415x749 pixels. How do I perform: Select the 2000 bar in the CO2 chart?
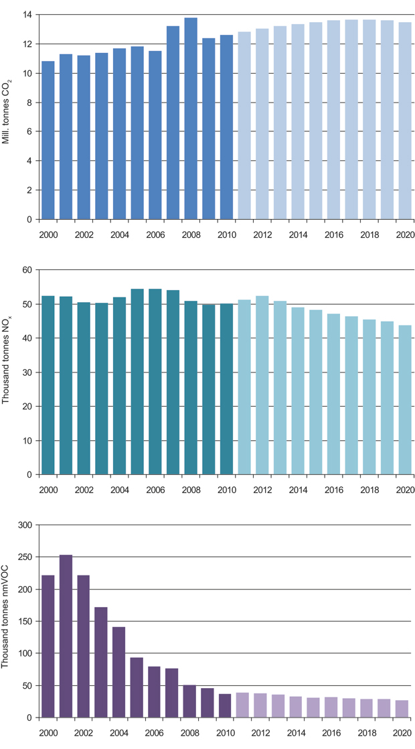[x=48, y=140]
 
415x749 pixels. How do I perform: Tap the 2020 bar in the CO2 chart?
[x=405, y=121]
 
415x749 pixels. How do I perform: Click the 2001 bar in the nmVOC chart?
[x=66, y=636]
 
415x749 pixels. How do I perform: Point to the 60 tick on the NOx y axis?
[x=27, y=270]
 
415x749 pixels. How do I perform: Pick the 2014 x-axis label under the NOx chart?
[x=298, y=490]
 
